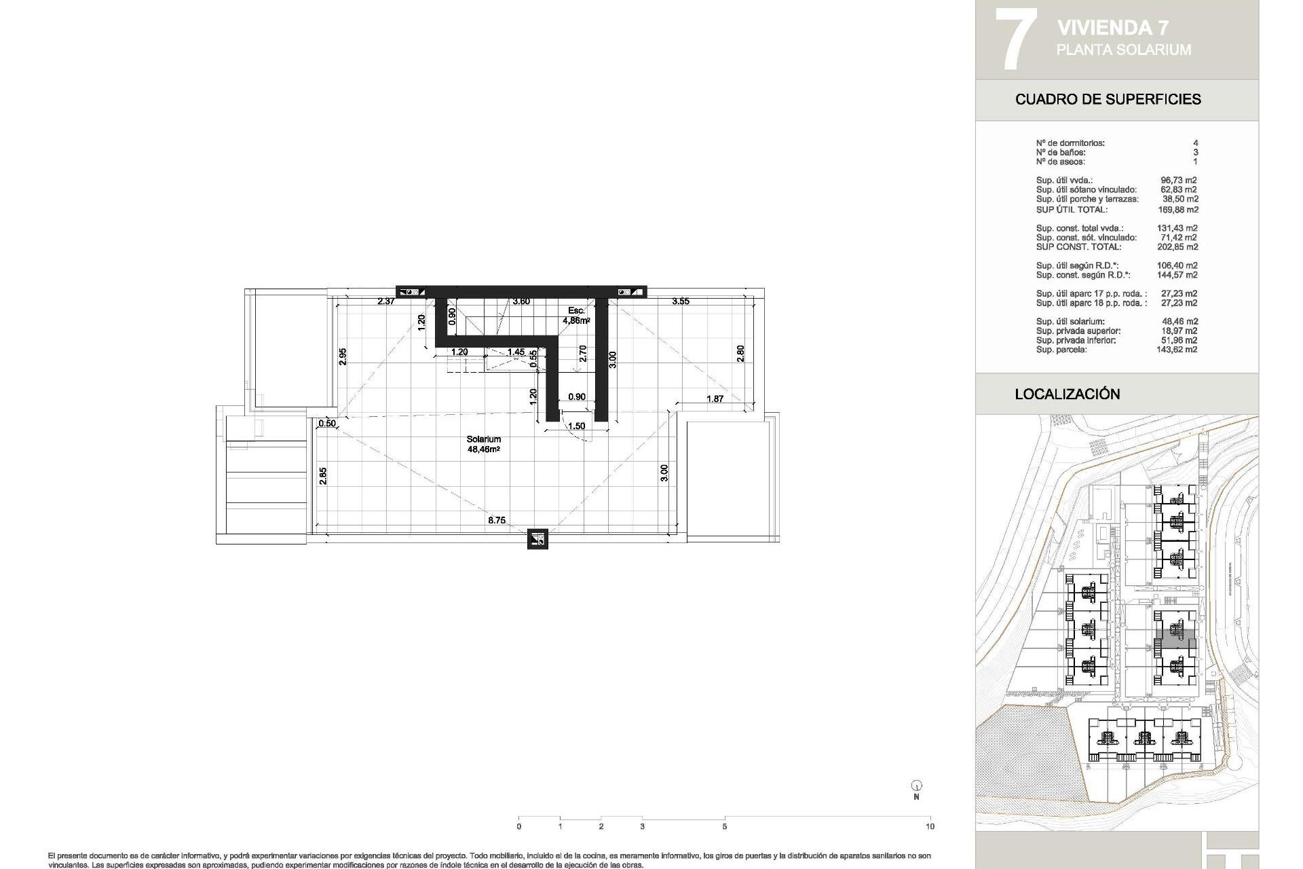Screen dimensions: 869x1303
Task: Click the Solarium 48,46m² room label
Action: (x=483, y=444)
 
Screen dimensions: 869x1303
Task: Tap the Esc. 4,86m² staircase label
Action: (x=576, y=315)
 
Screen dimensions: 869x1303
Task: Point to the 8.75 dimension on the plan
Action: (x=497, y=520)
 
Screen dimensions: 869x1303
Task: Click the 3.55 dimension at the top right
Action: (x=681, y=301)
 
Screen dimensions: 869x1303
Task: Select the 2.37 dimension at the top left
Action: (x=386, y=301)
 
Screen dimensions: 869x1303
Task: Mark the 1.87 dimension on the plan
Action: (x=715, y=399)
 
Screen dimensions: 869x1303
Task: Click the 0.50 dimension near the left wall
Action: (x=327, y=423)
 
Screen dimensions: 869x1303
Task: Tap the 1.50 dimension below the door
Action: (x=576, y=426)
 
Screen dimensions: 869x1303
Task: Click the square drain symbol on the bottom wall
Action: (x=537, y=539)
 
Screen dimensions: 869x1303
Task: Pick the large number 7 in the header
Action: (x=1015, y=39)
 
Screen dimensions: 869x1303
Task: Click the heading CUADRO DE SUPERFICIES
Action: (x=1108, y=99)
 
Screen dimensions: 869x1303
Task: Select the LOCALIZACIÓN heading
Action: (x=1067, y=394)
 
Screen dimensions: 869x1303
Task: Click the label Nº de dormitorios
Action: (x=1070, y=143)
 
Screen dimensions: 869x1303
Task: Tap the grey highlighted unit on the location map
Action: (x=1175, y=640)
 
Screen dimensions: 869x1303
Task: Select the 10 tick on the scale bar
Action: (x=930, y=826)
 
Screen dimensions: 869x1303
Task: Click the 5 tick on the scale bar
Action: (x=724, y=826)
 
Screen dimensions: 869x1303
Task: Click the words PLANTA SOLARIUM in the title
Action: (x=1123, y=50)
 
